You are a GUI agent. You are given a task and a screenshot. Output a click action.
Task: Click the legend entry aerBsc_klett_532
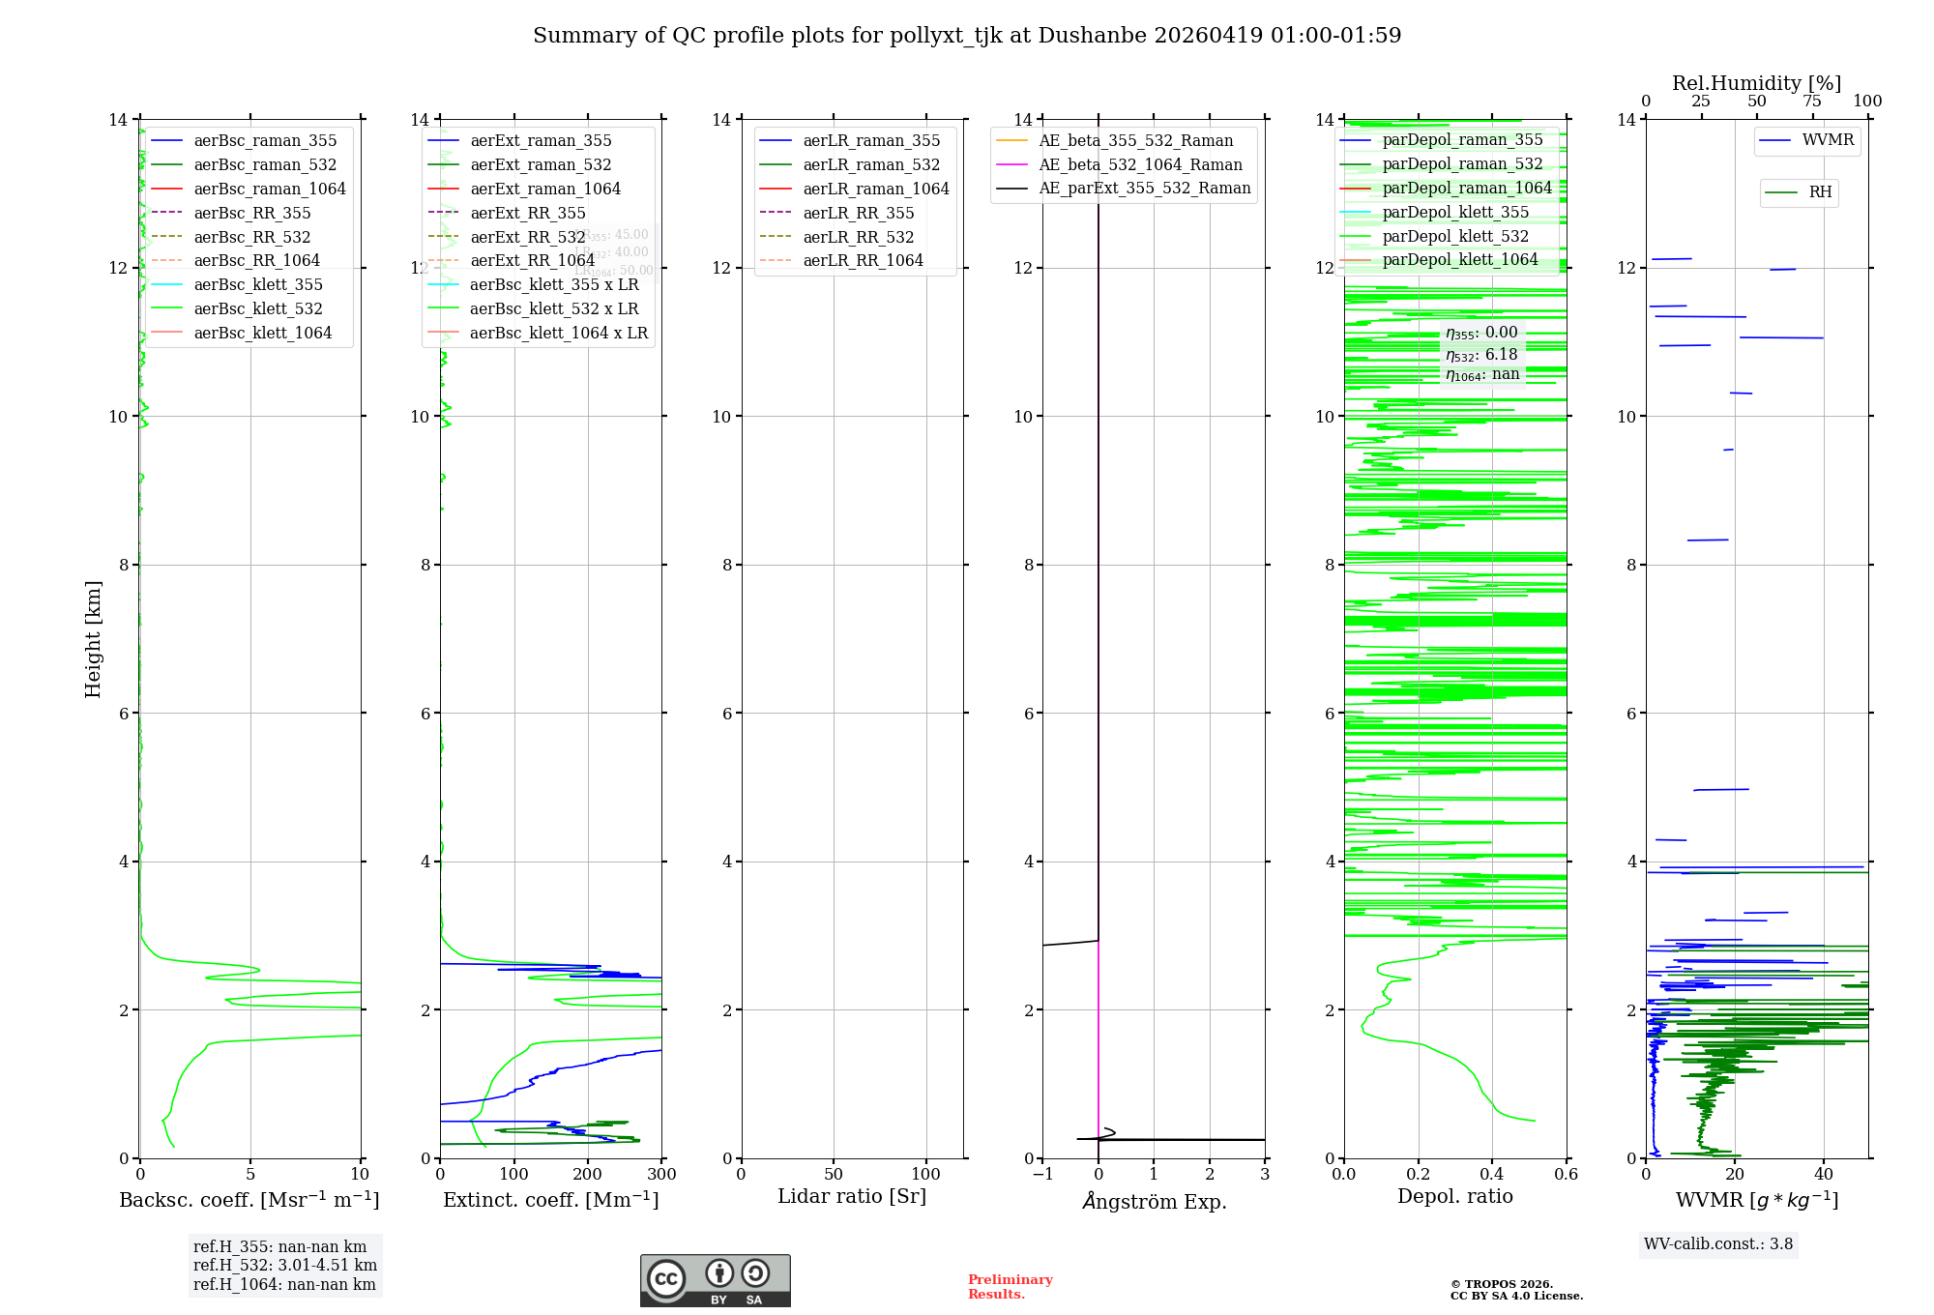pos(257,309)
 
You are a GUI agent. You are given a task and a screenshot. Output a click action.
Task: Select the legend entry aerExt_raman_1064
pos(545,190)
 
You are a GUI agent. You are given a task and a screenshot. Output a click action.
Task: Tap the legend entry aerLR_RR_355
pos(858,214)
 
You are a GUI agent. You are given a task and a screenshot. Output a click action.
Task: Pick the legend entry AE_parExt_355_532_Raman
pos(1144,189)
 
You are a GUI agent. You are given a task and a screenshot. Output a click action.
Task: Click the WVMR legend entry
pos(1828,141)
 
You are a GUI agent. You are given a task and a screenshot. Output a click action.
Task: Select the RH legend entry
pos(1820,192)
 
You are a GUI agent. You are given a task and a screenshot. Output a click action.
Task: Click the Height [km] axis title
pos(93,639)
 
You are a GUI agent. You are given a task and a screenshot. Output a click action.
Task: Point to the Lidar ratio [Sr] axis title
pos(852,1197)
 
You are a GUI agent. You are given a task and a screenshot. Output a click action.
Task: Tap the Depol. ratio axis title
pos(1454,1197)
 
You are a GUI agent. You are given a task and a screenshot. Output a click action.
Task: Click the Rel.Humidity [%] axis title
pos(1756,84)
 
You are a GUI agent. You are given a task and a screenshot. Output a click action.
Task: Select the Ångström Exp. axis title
pos(1154,1202)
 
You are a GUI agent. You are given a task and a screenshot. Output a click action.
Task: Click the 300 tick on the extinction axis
pos(662,1175)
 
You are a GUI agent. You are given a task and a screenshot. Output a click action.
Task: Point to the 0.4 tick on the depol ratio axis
pos(1492,1175)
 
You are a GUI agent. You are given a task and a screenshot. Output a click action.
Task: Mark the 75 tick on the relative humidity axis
pos(1812,102)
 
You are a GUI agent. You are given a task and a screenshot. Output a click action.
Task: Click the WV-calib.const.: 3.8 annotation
pos(1718,1244)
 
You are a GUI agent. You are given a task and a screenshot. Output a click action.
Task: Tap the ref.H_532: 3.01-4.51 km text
pos(284,1266)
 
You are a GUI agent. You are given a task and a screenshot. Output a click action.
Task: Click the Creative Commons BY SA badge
pos(715,1280)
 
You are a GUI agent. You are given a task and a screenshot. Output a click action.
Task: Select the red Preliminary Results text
pos(1010,1287)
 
